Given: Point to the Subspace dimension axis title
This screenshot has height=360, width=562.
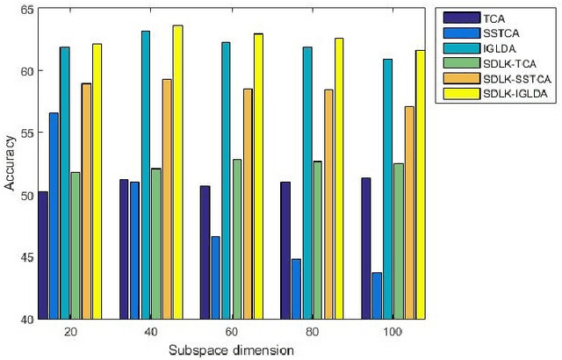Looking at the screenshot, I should [x=230, y=349].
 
